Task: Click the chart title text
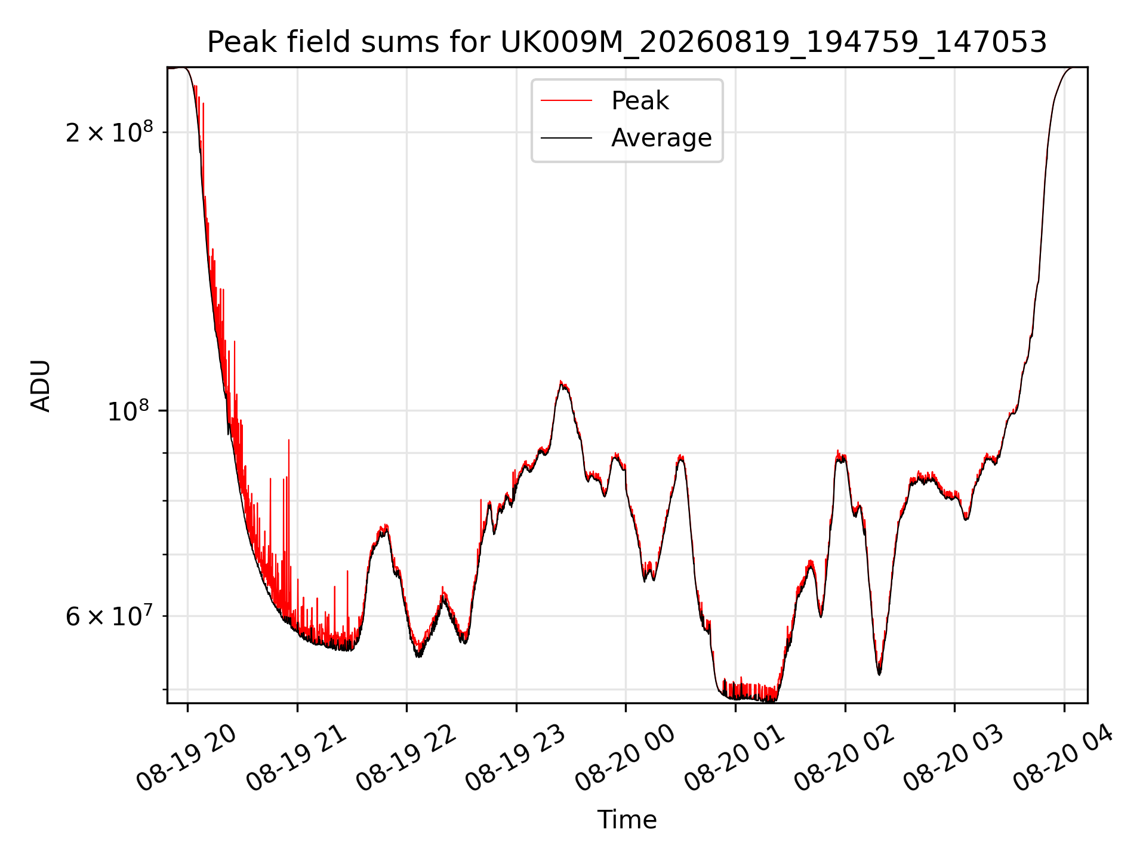pyautogui.click(x=627, y=42)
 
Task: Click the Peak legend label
pyautogui.click(x=640, y=101)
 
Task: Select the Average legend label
pyautogui.click(x=661, y=138)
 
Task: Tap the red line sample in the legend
pyautogui.click(x=566, y=101)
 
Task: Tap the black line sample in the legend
pyautogui.click(x=566, y=138)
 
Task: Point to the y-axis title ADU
pyautogui.click(x=41, y=386)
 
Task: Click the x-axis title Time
pyautogui.click(x=627, y=820)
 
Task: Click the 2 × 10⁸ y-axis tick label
pyautogui.click(x=109, y=132)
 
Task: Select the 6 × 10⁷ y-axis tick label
pyautogui.click(x=109, y=616)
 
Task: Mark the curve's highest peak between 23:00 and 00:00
pyautogui.click(x=561, y=381)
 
